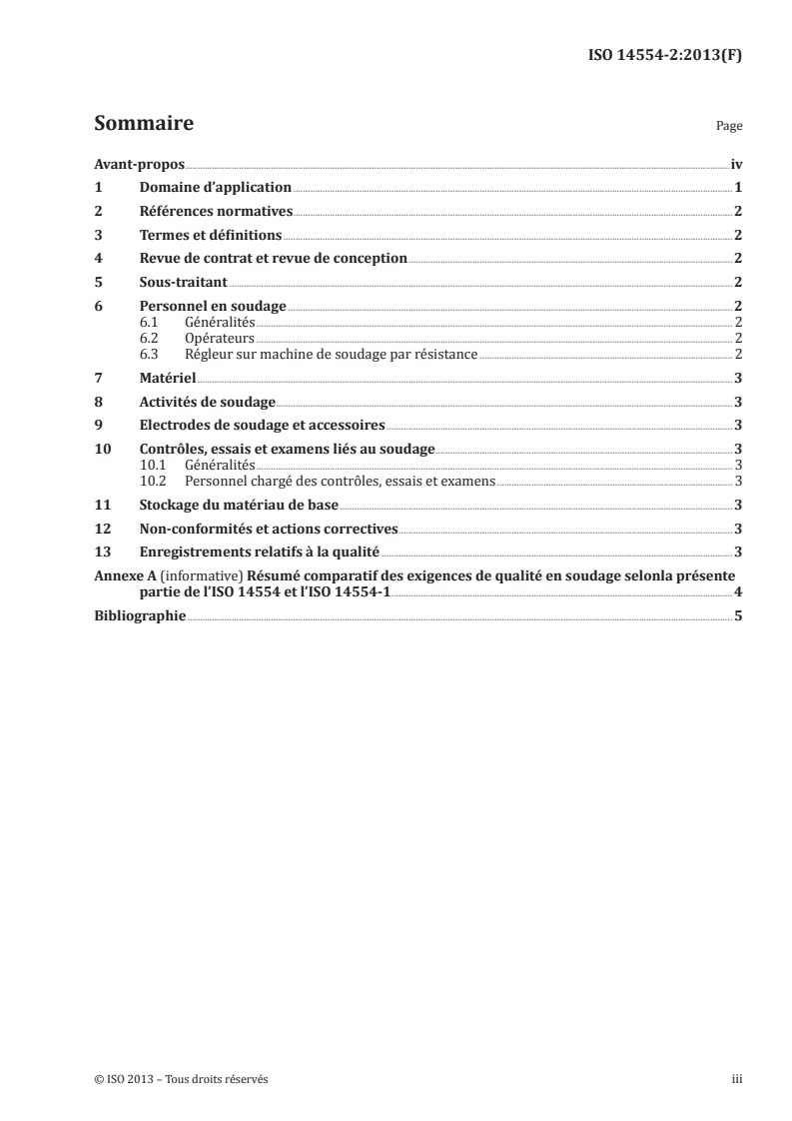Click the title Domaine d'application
pyautogui.click(x=215, y=188)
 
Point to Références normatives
pyautogui.click(x=216, y=211)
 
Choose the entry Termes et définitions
pyautogui.click(x=210, y=235)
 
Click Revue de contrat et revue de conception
pyautogui.click(x=273, y=258)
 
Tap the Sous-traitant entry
pyautogui.click(x=185, y=282)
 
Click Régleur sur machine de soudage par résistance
pyautogui.click(x=332, y=354)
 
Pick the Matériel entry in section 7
pyautogui.click(x=167, y=379)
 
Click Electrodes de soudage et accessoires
pyautogui.click(x=262, y=425)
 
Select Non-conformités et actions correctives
pyautogui.click(x=269, y=529)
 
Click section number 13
pyautogui.click(x=101, y=552)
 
